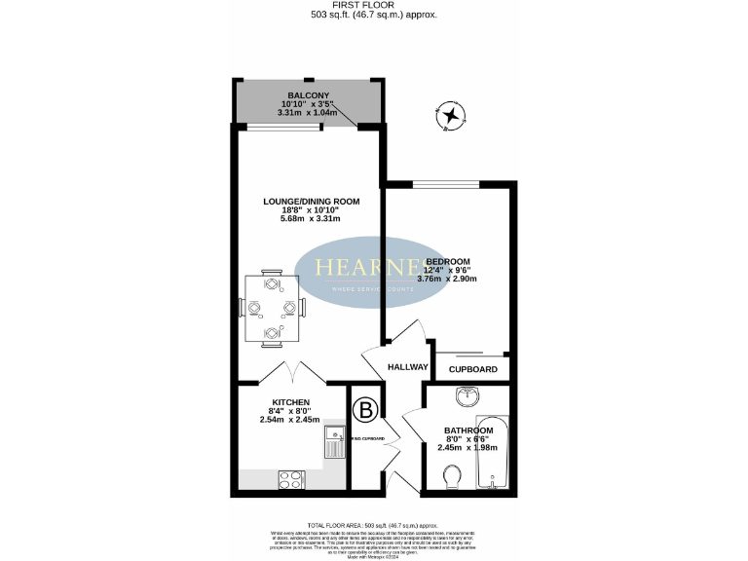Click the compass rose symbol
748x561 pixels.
[450, 116]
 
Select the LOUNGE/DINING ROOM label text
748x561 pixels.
[312, 202]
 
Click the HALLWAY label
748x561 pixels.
[408, 367]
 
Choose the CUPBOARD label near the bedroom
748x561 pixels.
[473, 369]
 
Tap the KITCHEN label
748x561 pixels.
[290, 402]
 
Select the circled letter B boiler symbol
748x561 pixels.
[366, 410]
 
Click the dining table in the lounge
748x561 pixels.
[272, 309]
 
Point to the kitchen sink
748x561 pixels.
[334, 444]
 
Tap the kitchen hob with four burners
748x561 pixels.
[291, 479]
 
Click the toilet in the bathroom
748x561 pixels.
[451, 476]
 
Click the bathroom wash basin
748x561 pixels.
[468, 396]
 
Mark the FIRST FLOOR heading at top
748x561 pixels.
[373, 5]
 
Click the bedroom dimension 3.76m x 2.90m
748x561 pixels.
[447, 279]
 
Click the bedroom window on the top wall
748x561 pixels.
[446, 184]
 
